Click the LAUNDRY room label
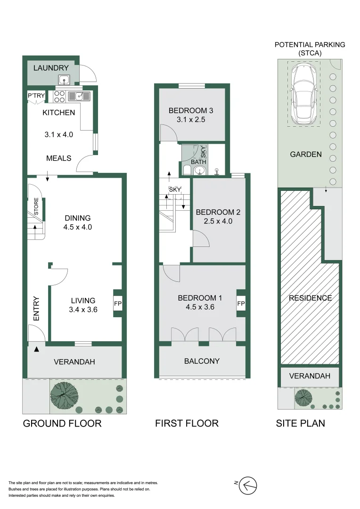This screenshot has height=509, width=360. pos(51,68)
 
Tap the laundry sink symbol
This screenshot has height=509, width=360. pos(64,79)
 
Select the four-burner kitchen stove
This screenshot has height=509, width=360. pos(59,97)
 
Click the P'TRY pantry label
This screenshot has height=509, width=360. pos(36,95)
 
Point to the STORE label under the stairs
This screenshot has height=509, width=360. pos(36,206)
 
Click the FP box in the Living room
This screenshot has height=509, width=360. pos(117,304)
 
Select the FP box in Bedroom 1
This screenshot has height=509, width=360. pos(241,304)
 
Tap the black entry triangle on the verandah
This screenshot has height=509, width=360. pos(36,349)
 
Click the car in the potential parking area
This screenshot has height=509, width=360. pos(304,94)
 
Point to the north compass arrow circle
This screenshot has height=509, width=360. pos(248,486)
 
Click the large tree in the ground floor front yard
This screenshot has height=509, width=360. pos(64,396)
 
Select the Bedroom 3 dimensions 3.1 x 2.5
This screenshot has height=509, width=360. pos(191,119)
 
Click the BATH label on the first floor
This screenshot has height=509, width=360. pos(198,162)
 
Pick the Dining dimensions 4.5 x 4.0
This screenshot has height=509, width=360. pos(78,227)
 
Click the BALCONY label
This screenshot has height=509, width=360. pos(202,361)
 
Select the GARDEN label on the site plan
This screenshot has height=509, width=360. pos(306,154)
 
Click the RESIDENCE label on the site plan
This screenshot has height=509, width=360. pos(311,298)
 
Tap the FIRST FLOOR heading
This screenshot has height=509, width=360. pos(187,423)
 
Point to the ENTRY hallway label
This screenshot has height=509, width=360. pos(36,309)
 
